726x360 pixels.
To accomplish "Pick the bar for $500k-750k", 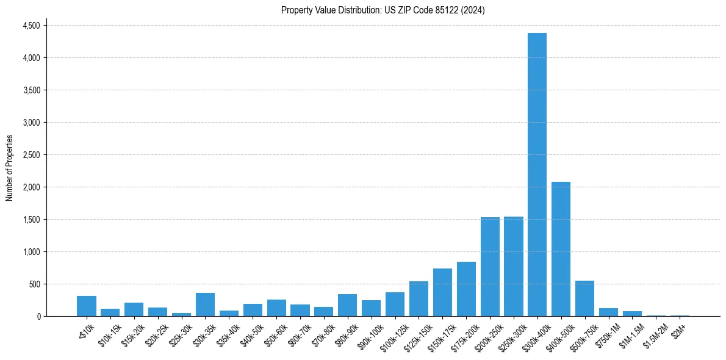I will pyautogui.click(x=584, y=298).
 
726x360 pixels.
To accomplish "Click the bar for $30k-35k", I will pyautogui.click(x=205, y=304).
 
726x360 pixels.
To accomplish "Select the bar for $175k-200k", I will pyautogui.click(x=466, y=289).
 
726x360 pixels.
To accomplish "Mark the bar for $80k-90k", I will pyautogui.click(x=347, y=305).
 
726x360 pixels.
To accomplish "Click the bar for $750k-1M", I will pyautogui.click(x=608, y=312).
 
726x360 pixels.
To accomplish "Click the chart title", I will pyautogui.click(x=383, y=10).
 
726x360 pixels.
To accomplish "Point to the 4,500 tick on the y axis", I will pyautogui.click(x=31, y=26).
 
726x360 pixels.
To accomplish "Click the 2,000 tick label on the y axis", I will pyautogui.click(x=31, y=187).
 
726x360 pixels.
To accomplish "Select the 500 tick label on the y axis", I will pyautogui.click(x=34, y=284).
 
